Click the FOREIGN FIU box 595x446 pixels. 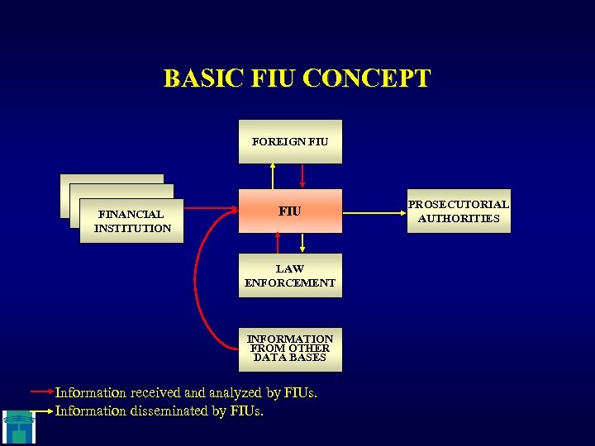(289, 141)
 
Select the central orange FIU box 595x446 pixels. (289, 211)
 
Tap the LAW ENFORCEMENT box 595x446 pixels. (289, 275)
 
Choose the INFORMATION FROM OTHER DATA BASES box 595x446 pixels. (289, 348)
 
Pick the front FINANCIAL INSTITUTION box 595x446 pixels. (132, 221)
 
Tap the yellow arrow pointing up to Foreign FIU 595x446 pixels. (273, 176)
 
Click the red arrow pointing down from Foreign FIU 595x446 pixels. (304, 176)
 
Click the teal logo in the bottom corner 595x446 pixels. (17, 425)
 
